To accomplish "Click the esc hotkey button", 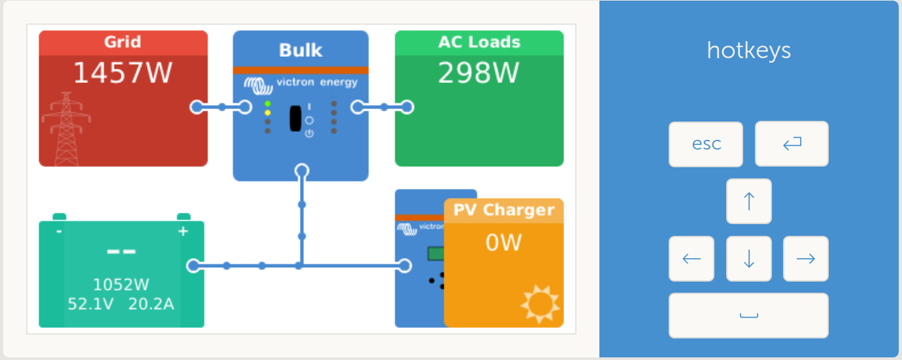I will tap(706, 144).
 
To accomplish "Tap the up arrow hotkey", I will tap(749, 201).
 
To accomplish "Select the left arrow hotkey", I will tap(692, 259).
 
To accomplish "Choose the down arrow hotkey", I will tap(749, 259).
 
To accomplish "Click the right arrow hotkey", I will tap(806, 259).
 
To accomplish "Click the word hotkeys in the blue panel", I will tap(749, 50).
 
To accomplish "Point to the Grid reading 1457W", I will tap(122, 73).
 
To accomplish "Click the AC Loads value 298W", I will tap(478, 73).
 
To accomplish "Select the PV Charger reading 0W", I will tap(503, 243).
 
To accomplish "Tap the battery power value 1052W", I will tap(121, 285).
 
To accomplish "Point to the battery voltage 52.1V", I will tap(91, 304).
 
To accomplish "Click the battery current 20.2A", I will tap(151, 304).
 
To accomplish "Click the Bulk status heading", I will tap(301, 50).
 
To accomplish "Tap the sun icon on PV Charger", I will tap(540, 304).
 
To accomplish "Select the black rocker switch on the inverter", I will tap(295, 118).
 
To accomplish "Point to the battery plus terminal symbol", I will tap(183, 231).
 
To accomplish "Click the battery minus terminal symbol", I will tap(59, 231).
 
